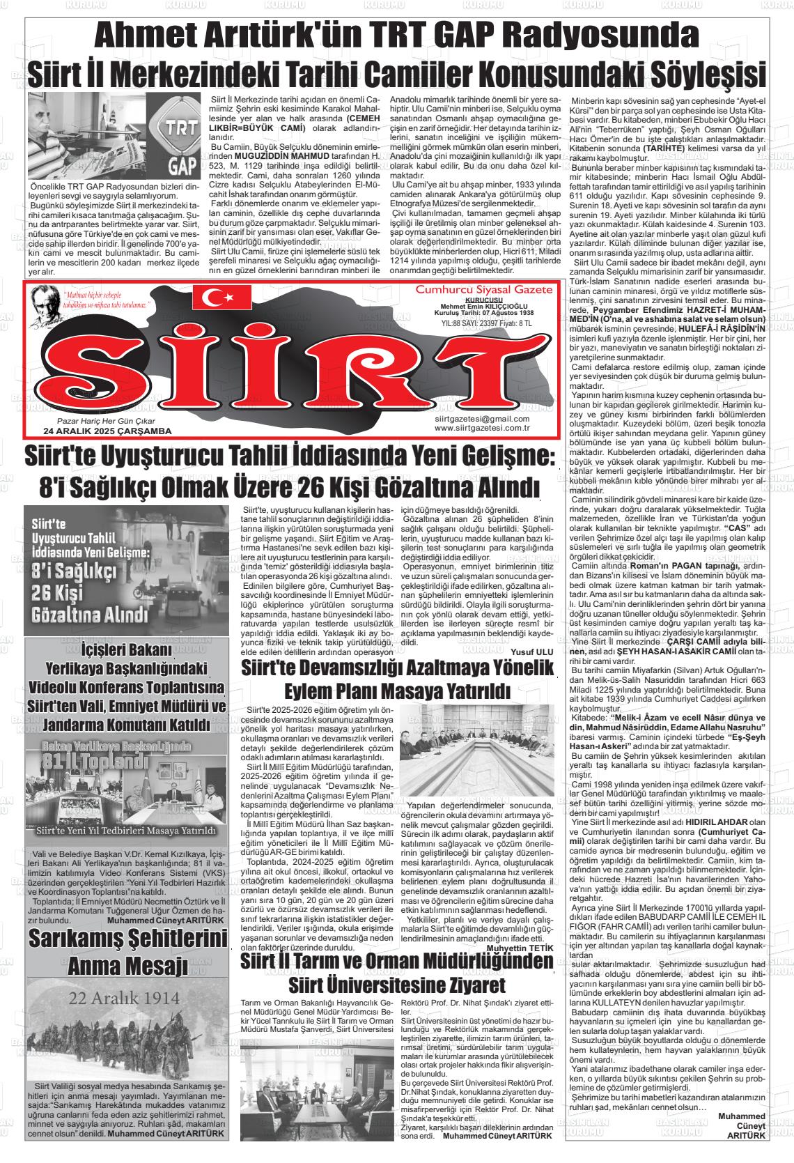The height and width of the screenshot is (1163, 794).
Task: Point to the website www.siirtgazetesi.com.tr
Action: click(x=482, y=428)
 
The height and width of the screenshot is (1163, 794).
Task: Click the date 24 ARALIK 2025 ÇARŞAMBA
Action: click(x=107, y=431)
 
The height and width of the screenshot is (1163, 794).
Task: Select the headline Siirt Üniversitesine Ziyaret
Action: click(x=396, y=986)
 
